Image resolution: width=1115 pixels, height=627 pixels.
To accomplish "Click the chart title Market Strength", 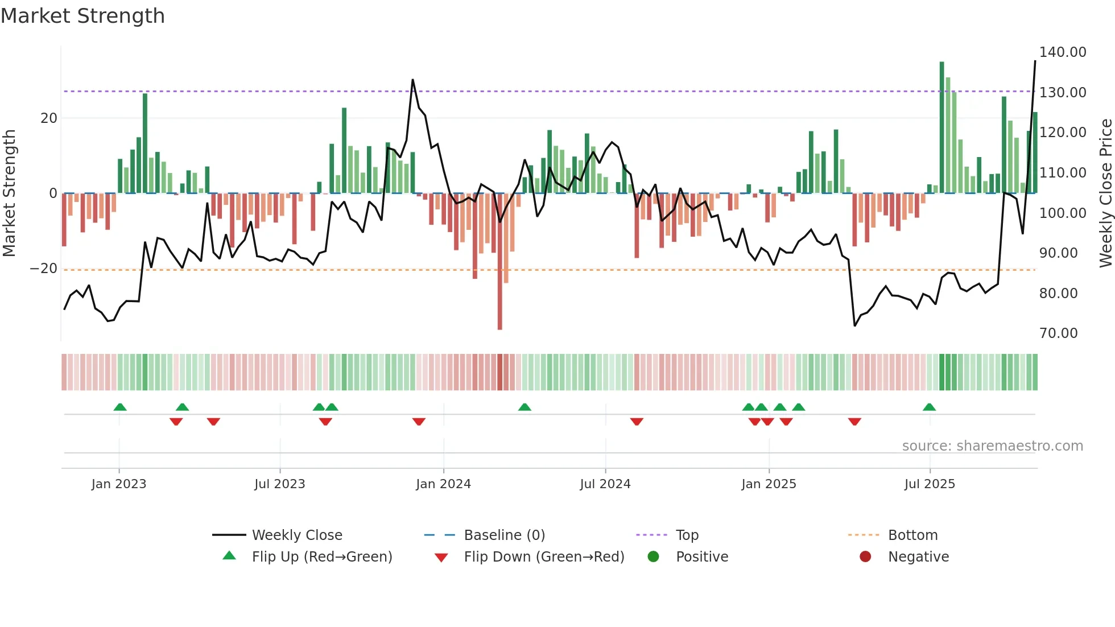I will pos(82,16).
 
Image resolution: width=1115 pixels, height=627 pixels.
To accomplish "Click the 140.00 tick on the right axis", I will pos(1062,52).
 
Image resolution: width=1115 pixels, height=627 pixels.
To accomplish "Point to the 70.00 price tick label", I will pos(1058,333).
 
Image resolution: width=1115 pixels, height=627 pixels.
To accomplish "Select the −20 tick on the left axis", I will pos(44,269).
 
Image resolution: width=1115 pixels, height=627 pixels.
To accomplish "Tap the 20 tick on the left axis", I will pos(49,118).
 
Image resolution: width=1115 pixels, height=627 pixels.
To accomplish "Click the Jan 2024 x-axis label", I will pos(443,484).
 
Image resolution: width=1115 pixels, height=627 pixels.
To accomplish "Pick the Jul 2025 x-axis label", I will pos(930,484).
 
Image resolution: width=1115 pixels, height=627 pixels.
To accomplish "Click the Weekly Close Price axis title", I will pos(1105,193).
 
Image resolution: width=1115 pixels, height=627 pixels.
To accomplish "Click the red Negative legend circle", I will pos(865,557).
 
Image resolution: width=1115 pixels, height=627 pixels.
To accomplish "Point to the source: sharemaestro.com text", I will pos(992,446).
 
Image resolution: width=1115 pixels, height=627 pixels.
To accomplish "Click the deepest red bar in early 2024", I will pos(499,262).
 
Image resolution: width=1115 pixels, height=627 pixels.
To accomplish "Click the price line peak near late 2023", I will pos(412,80).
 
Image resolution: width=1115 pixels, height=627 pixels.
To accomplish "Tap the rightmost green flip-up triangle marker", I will pos(929,407).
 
